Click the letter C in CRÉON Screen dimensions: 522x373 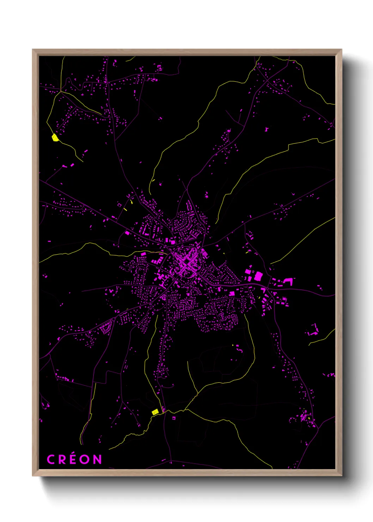pyautogui.click(x=51, y=460)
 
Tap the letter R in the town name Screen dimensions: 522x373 pyautogui.click(x=62, y=460)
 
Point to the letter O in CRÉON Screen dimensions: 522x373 pyautogui.click(x=85, y=460)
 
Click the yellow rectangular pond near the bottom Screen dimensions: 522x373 pyautogui.click(x=155, y=412)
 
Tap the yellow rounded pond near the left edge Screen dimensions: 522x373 pyautogui.click(x=55, y=138)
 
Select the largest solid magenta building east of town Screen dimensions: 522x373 pyautogui.click(x=258, y=276)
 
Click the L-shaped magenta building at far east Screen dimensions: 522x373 pyautogui.click(x=288, y=281)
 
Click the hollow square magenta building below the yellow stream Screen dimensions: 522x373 pyautogui.click(x=174, y=418)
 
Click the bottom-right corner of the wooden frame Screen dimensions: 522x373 pyautogui.click(x=341, y=475)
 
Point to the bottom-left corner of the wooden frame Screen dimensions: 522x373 pyautogui.click(x=33, y=475)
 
